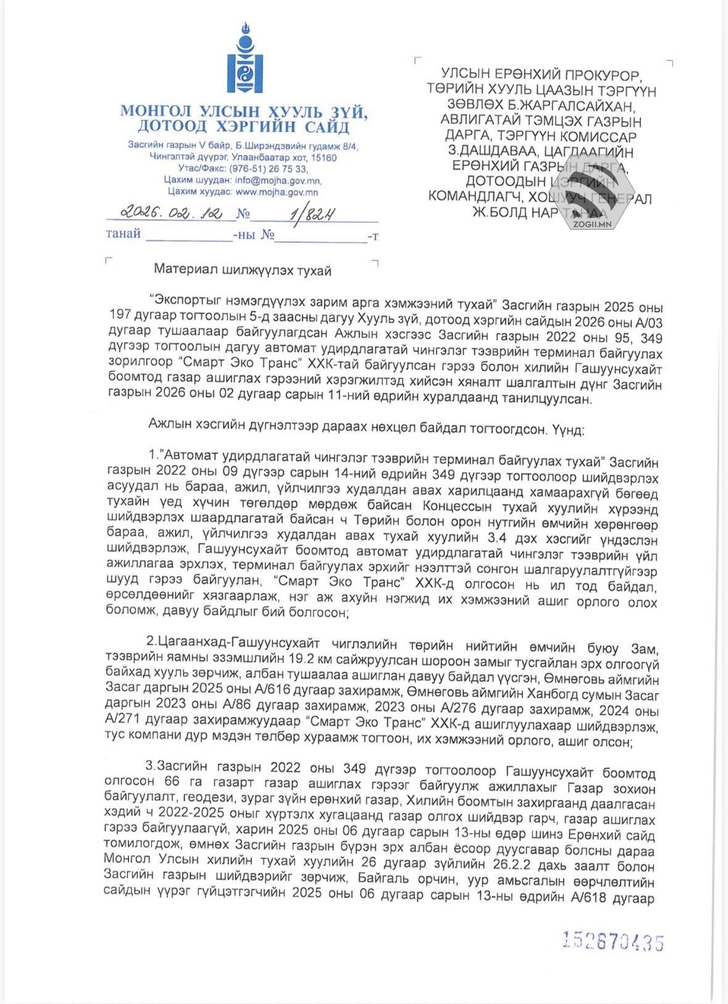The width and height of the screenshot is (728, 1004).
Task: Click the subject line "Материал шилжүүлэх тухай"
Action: (x=243, y=270)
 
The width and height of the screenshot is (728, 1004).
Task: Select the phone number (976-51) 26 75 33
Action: (x=268, y=169)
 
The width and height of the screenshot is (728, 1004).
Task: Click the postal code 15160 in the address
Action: (x=323, y=157)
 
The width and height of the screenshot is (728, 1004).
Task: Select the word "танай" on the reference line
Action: (x=123, y=234)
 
